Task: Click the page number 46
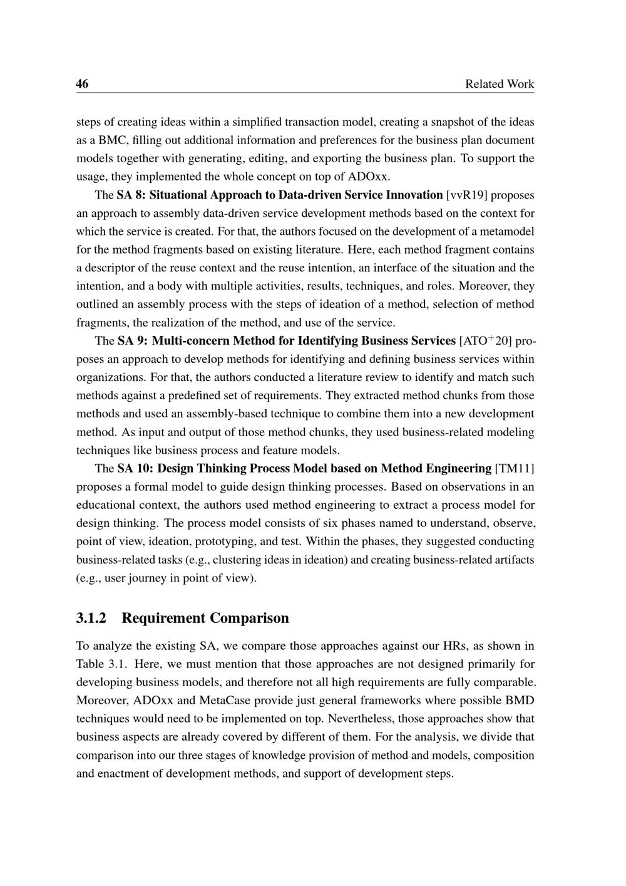click(82, 84)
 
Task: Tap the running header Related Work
click(500, 84)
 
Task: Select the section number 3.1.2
click(91, 618)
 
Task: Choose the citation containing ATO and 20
click(485, 341)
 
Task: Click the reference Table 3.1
click(96, 664)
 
